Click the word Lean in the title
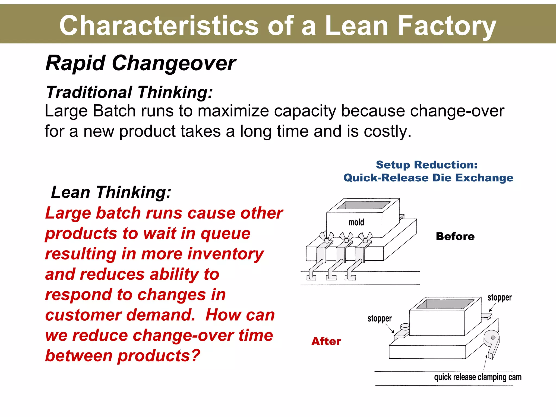(x=356, y=26)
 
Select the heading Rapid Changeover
(x=141, y=63)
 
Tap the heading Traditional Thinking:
(x=129, y=92)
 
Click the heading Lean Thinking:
(x=111, y=192)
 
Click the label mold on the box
(x=356, y=222)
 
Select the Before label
(x=455, y=236)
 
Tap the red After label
(x=326, y=341)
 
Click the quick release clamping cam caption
(x=478, y=377)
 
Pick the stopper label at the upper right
(x=499, y=298)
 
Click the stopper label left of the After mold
(x=379, y=318)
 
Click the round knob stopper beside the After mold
(x=405, y=327)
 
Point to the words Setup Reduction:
(x=427, y=165)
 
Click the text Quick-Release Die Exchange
(x=428, y=178)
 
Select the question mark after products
(x=195, y=356)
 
